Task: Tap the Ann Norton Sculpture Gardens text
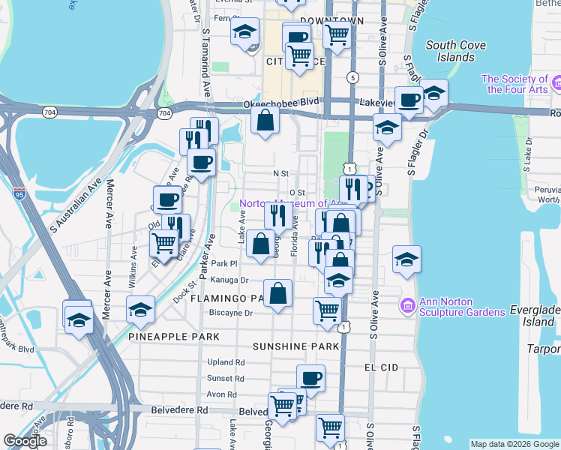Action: [462, 307]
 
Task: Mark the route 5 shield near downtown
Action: [352, 76]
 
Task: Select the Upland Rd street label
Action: [226, 361]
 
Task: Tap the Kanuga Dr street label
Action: [229, 280]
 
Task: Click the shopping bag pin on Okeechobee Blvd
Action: [265, 119]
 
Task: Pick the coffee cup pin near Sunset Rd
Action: [310, 378]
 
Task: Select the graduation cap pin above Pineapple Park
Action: [140, 309]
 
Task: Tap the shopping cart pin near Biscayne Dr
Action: [328, 310]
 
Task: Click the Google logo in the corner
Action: [25, 442]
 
